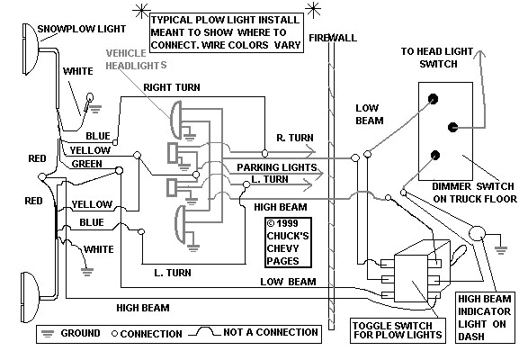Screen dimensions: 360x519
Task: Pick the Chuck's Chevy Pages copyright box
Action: point(288,241)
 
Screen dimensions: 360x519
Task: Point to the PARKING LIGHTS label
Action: point(274,167)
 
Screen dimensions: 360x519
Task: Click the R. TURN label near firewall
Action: point(294,138)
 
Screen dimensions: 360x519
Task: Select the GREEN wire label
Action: point(88,165)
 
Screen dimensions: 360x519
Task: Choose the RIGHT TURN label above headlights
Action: point(171,88)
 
